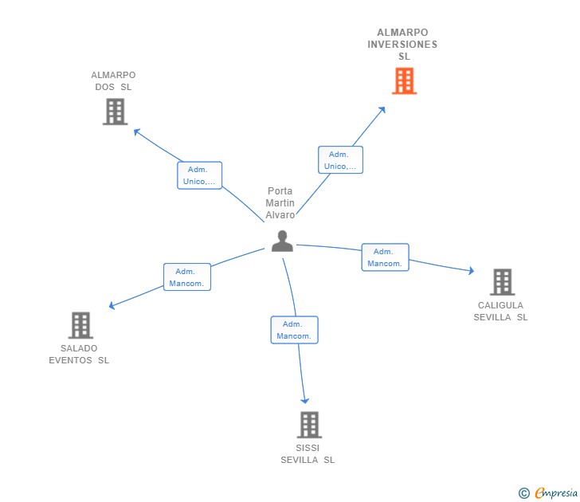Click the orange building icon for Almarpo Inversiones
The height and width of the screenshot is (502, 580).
point(404,80)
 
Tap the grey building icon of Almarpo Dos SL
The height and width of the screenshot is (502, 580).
point(115,112)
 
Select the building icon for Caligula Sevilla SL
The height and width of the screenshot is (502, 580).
point(501,281)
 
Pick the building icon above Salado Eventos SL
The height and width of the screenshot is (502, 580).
point(80,325)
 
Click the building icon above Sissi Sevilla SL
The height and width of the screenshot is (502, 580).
point(309,425)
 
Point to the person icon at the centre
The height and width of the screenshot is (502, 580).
point(282,241)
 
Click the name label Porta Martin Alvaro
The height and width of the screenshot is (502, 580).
point(280,202)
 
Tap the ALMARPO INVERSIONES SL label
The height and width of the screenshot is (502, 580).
point(402,45)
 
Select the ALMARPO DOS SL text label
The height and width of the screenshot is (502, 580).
point(113,81)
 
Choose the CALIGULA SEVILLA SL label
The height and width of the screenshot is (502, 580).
point(500,311)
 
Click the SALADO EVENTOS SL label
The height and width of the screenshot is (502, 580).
point(79,354)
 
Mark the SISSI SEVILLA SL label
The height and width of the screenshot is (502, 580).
point(308,453)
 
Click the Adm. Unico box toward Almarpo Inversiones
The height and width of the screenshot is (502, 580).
point(340,160)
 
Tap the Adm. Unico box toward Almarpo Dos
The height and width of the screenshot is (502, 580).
point(199,175)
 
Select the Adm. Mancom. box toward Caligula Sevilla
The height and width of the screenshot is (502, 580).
point(385,257)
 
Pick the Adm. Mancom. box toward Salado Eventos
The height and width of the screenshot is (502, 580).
point(187,277)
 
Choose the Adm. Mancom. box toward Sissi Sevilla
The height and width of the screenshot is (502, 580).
point(294,330)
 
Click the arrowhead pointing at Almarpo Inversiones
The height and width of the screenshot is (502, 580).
point(382,109)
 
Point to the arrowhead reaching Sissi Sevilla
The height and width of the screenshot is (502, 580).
point(304,401)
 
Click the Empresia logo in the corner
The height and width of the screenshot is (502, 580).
point(549,492)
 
